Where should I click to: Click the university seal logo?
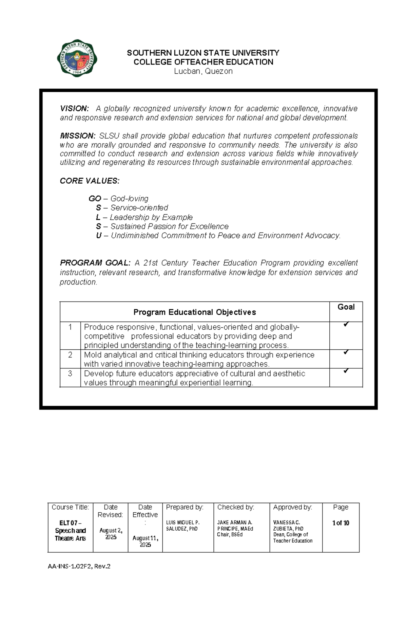(x=77, y=58)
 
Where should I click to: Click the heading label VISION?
(x=74, y=109)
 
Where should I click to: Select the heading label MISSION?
(x=78, y=136)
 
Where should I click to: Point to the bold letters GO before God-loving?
(x=95, y=199)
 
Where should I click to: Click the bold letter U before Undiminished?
(x=99, y=236)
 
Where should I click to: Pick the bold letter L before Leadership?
(x=98, y=217)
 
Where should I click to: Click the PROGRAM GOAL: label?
(x=95, y=263)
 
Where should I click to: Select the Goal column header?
(x=346, y=307)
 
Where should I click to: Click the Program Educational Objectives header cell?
(x=195, y=312)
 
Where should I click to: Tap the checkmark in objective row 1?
(x=346, y=325)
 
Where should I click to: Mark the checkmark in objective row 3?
(x=346, y=371)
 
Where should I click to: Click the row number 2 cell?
(x=70, y=355)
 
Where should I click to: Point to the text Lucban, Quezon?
(x=203, y=71)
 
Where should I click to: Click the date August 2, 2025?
(x=111, y=534)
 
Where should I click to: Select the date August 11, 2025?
(x=145, y=541)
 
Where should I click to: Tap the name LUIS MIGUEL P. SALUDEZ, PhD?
(x=182, y=526)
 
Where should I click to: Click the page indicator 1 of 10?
(x=341, y=523)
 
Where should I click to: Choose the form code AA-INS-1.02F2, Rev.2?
(x=79, y=566)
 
